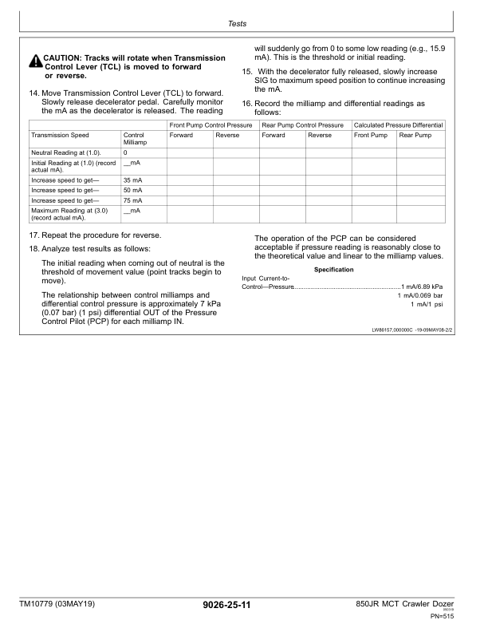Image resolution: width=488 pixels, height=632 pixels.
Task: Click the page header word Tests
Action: (237, 25)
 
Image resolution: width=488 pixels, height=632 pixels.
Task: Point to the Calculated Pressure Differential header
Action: (398, 125)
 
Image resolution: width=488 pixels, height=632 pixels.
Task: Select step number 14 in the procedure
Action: (33, 93)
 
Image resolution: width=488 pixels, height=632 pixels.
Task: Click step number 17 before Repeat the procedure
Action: (33, 235)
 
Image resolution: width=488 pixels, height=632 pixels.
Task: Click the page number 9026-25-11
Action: (227, 606)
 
